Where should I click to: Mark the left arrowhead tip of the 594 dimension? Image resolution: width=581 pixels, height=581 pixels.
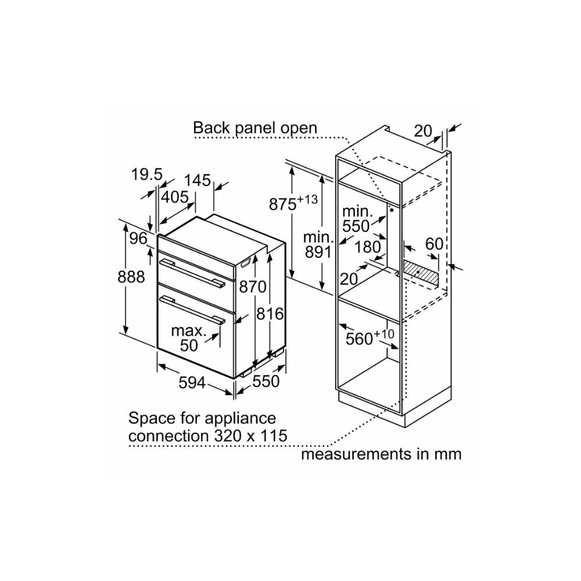pos(157,365)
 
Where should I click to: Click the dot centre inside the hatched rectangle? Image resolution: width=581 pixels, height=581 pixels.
pos(418,272)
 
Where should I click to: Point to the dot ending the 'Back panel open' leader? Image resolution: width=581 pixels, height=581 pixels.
pos(391,210)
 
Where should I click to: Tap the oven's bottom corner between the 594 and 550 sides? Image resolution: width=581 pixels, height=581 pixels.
pos(234,378)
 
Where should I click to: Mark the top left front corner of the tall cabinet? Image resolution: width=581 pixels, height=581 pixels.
pos(336,156)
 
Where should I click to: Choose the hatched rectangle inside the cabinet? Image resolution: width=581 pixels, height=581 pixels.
pos(421,274)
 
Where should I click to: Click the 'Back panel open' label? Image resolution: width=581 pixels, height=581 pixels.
pos(255,128)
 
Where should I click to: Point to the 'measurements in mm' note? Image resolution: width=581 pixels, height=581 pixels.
pos(381,454)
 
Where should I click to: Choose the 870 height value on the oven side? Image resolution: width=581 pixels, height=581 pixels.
pos(253,286)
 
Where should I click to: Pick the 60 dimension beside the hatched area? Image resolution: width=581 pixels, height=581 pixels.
pos(434,244)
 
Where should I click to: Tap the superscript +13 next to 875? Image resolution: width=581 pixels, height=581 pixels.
pos(308,199)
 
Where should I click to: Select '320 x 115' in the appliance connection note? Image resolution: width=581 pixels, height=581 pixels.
pos(250,435)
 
